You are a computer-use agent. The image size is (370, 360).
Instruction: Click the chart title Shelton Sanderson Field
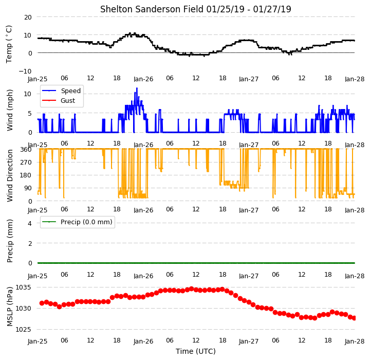pyautogui.click(x=152, y=9)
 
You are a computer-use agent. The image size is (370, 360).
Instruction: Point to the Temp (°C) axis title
pyautogui.click(x=9, y=44)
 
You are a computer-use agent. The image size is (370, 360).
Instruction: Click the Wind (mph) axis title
pyautogui.click(x=10, y=110)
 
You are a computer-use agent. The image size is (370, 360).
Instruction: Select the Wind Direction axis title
pyautogui.click(x=10, y=175)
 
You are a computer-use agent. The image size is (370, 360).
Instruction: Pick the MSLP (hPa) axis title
pyautogui.click(x=10, y=307)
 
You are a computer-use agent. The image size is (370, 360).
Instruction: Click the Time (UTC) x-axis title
pyautogui.click(x=196, y=351)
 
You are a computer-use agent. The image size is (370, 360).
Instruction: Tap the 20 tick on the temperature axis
pyautogui.click(x=28, y=17)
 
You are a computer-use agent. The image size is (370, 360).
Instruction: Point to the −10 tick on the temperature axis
pyautogui.click(x=25, y=71)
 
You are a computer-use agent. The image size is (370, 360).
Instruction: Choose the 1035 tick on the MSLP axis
pyautogui.click(x=23, y=287)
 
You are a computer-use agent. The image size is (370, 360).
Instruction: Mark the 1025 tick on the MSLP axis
pyautogui.click(x=23, y=329)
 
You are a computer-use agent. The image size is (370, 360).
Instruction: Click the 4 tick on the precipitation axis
pyautogui.click(x=30, y=223)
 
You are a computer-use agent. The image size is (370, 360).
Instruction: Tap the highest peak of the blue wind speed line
pyautogui.click(x=137, y=88)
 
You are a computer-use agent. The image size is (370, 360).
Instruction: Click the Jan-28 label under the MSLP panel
pyautogui.click(x=355, y=341)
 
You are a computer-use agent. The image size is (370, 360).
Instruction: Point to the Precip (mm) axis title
pyautogui.click(x=10, y=241)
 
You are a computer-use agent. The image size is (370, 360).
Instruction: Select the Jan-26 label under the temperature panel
pyautogui.click(x=143, y=79)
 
